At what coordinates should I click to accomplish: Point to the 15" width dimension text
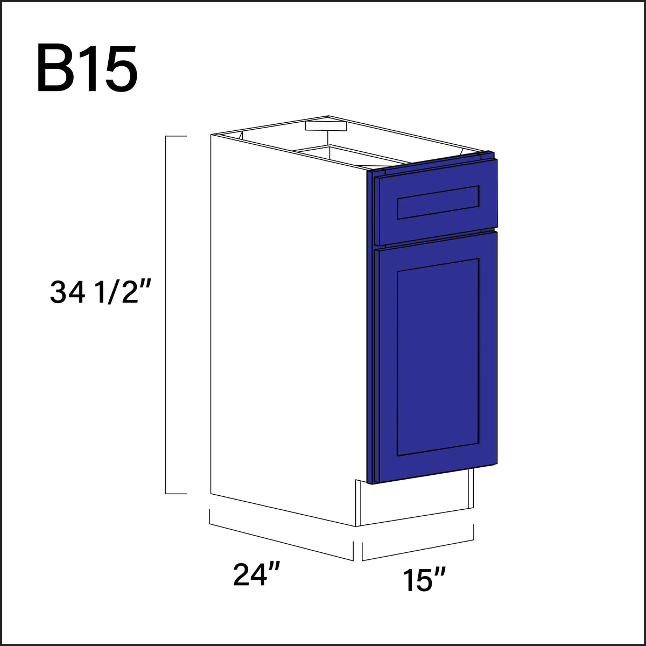pos(424,581)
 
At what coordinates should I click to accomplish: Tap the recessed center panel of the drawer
pos(438,202)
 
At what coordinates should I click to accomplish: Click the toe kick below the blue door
pos(415,503)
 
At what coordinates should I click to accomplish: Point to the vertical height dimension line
pos(166,315)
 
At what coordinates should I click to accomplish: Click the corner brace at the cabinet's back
pos(325,125)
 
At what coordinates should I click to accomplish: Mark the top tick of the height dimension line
pos(175,137)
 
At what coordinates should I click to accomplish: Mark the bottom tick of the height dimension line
pos(175,493)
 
